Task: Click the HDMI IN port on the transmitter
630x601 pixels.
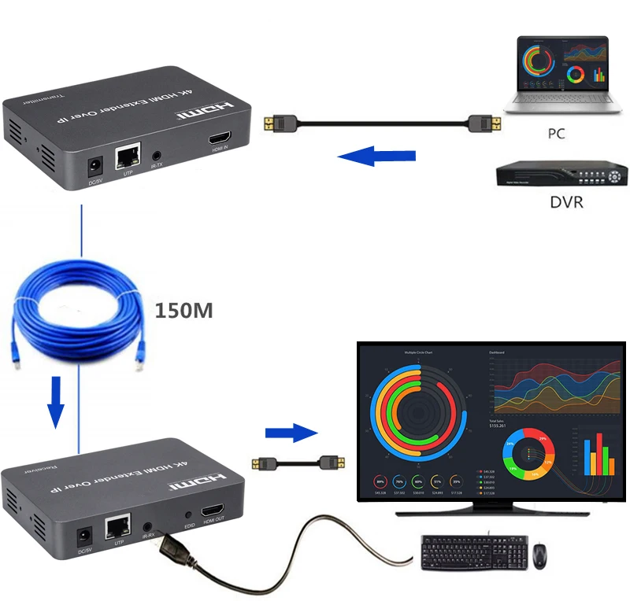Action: click(219, 141)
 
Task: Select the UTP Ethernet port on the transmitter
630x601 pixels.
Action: click(127, 157)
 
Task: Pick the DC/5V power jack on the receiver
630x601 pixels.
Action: click(82, 537)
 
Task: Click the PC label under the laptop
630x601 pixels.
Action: click(556, 134)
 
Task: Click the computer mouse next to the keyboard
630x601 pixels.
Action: click(540, 555)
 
